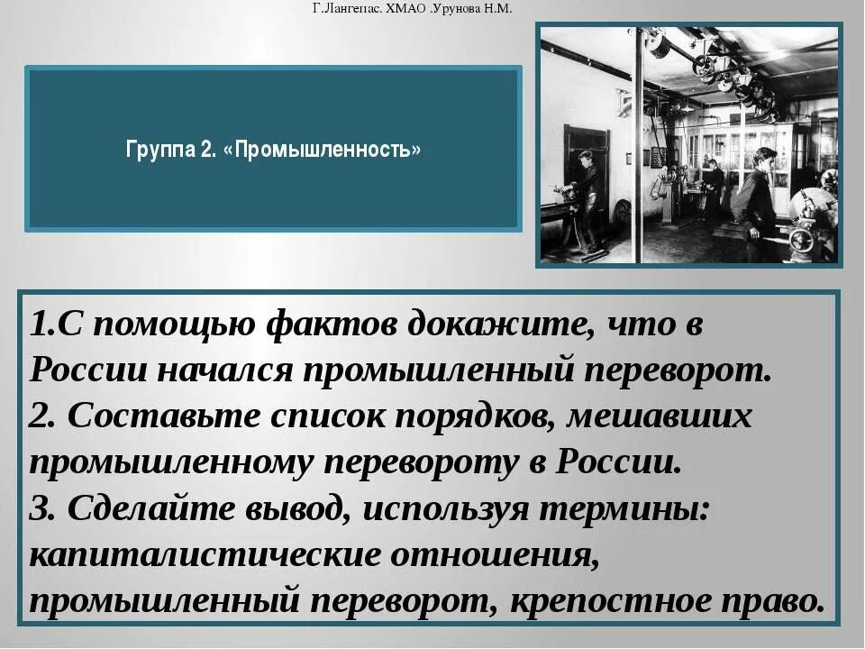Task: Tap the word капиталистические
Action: click(205, 555)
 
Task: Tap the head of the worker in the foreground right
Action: click(765, 158)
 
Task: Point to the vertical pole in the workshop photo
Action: click(639, 144)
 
